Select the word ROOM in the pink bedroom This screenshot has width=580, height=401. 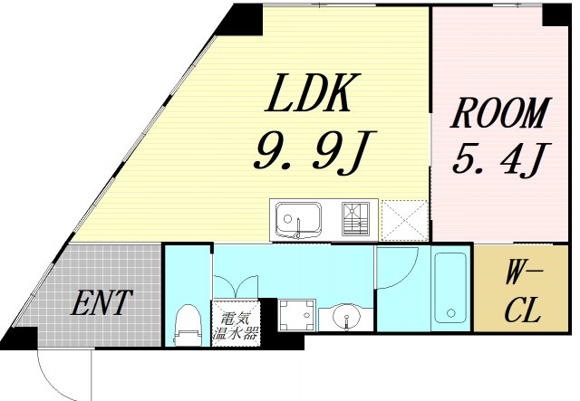[x=500, y=116]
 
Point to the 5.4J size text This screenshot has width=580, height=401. [x=498, y=162]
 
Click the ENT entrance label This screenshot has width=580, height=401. [x=101, y=301]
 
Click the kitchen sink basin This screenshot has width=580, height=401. [x=296, y=217]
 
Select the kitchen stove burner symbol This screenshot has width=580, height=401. [x=357, y=218]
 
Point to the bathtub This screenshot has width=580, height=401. [x=450, y=287]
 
